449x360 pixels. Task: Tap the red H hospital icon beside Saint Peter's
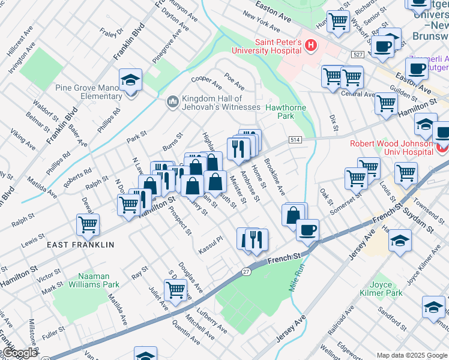point(310,44)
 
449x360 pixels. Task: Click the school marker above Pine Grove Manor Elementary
point(130,80)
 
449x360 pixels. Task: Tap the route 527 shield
point(358,55)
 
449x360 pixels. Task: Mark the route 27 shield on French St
point(246,272)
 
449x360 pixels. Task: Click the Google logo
point(19,353)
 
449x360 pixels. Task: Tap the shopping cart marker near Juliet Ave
point(176,290)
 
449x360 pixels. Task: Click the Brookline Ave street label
point(275,178)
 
